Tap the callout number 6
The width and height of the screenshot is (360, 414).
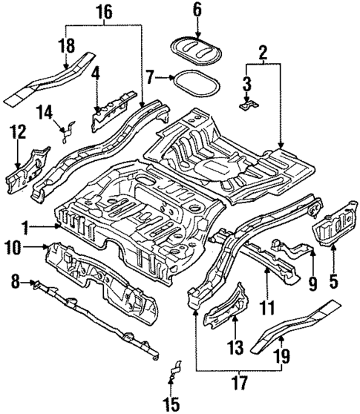(x=197, y=10)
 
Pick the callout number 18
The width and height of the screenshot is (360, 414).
(x=68, y=45)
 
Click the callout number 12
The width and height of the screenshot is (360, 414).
(x=17, y=134)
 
